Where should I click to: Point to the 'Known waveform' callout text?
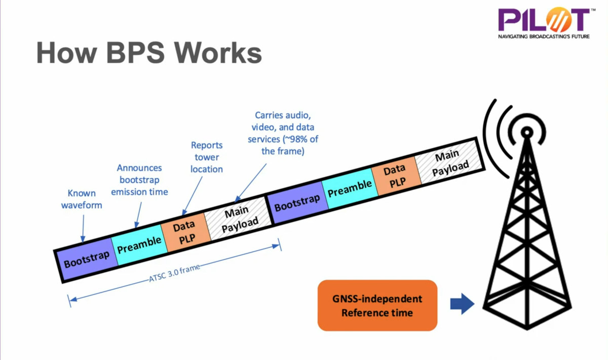pyautogui.click(x=81, y=199)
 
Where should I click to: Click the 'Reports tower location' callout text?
pyautogui.click(x=207, y=157)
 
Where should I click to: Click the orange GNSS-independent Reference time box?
pyautogui.click(x=377, y=305)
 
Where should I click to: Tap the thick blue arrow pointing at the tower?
pyautogui.click(x=462, y=304)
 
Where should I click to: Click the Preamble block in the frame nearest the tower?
pyautogui.click(x=349, y=187)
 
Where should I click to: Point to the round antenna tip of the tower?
pyautogui.click(x=527, y=132)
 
